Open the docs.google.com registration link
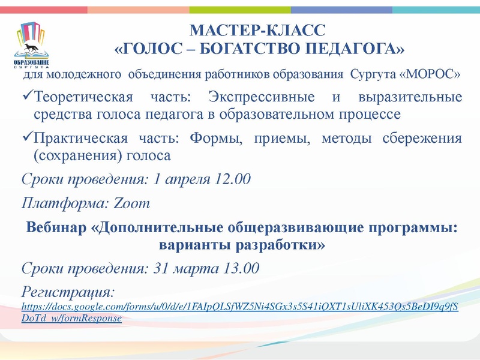pos(240,307)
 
